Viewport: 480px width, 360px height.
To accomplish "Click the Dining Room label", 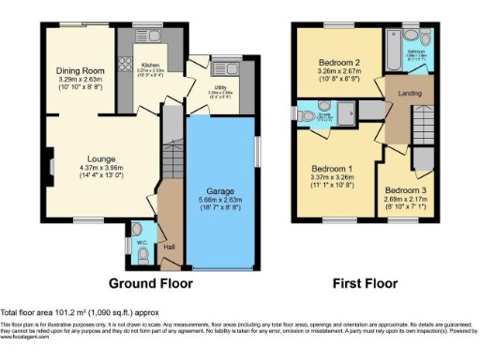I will [x=79, y=69].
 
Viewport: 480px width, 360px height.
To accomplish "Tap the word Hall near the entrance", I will [x=169, y=247].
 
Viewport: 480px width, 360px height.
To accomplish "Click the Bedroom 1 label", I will [x=330, y=170].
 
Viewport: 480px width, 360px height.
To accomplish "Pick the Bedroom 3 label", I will [x=404, y=188].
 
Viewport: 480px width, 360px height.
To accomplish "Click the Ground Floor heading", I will [x=151, y=282].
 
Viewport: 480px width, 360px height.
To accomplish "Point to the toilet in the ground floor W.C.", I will [x=138, y=228].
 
